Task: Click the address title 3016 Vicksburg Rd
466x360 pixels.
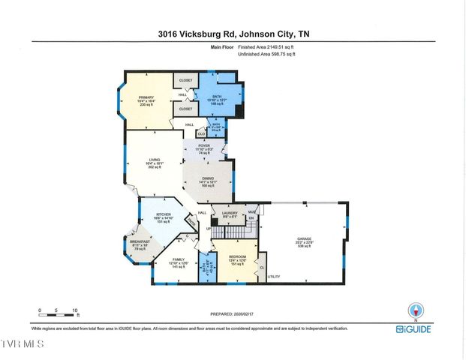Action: click(x=233, y=33)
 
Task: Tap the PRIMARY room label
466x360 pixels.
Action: click(x=146, y=97)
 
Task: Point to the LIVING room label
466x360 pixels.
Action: click(x=155, y=160)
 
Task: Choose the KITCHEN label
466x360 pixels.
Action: click(x=164, y=214)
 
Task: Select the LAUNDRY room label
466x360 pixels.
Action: click(x=229, y=213)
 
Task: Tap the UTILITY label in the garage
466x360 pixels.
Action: click(x=273, y=277)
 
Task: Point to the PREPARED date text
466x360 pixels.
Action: click(x=233, y=315)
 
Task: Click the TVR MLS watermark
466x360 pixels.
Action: click(x=23, y=344)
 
